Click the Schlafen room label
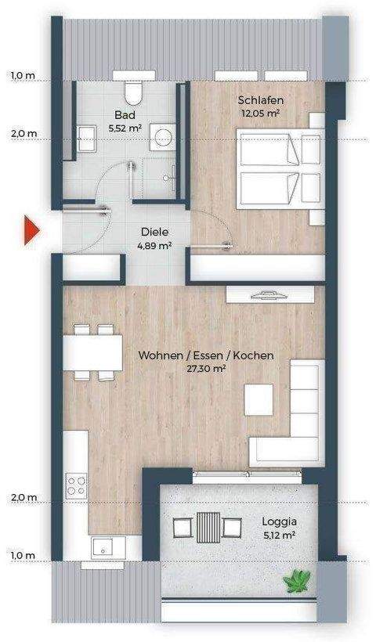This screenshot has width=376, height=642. tap(261, 100)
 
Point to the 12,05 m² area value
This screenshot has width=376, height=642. tap(261, 113)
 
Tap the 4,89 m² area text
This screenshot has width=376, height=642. tap(155, 245)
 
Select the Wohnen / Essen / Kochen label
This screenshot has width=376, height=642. tap(206, 355)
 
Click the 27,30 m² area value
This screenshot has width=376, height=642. tap(206, 368)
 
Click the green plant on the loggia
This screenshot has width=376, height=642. tap(298, 580)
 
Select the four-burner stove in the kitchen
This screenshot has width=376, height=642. tap(76, 485)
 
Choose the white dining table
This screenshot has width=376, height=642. tap(92, 352)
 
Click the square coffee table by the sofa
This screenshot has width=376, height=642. tap(258, 400)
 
